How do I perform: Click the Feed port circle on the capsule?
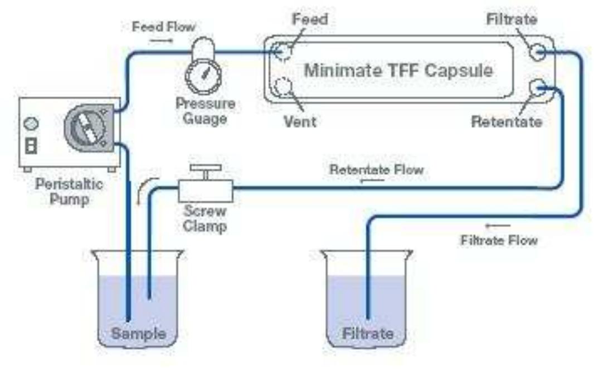283,52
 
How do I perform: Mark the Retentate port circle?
539,88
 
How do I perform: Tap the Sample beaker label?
138,334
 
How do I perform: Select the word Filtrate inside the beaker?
367,334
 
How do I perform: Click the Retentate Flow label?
376,169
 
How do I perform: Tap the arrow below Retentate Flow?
368,182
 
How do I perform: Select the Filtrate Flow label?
499,240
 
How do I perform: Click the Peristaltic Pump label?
69,191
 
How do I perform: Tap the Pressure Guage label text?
205,111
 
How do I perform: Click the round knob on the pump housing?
32,123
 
